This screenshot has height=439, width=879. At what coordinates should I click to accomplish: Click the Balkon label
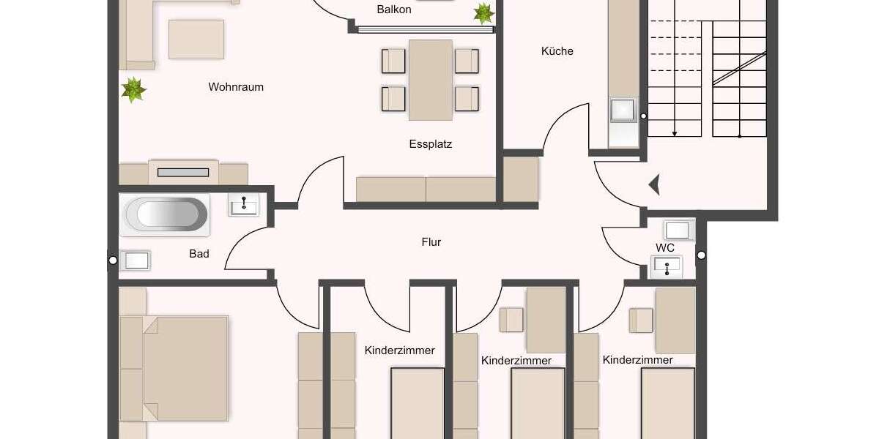pos(394,10)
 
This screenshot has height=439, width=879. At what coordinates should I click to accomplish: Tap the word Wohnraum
pos(236,87)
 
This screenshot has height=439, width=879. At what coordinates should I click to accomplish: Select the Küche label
pos(557,51)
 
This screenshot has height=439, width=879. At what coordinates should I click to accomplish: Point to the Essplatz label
pos(431,144)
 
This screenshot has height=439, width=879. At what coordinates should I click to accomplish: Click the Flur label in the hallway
pos(431,241)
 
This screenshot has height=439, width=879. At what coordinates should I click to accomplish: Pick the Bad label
pos(199,254)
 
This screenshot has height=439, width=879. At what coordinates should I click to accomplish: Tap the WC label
pos(665,248)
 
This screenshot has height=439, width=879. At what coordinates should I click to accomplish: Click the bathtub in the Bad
pos(162,215)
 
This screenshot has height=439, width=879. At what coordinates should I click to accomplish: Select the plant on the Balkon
pos(483,12)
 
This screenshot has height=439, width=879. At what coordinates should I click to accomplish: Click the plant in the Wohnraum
pos(134,90)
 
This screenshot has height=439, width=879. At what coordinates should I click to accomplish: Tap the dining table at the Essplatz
pos(431,80)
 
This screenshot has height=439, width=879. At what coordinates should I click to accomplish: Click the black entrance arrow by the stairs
pos(654,185)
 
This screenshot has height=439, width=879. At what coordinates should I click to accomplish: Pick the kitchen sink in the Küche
pos(623,109)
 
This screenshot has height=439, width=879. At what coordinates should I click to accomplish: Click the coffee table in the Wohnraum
pos(196,40)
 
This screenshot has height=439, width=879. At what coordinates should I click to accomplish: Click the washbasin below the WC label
pos(667,267)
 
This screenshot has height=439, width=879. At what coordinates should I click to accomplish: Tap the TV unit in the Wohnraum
pos(183,173)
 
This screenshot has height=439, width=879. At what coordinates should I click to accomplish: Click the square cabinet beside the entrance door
pos(521,179)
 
